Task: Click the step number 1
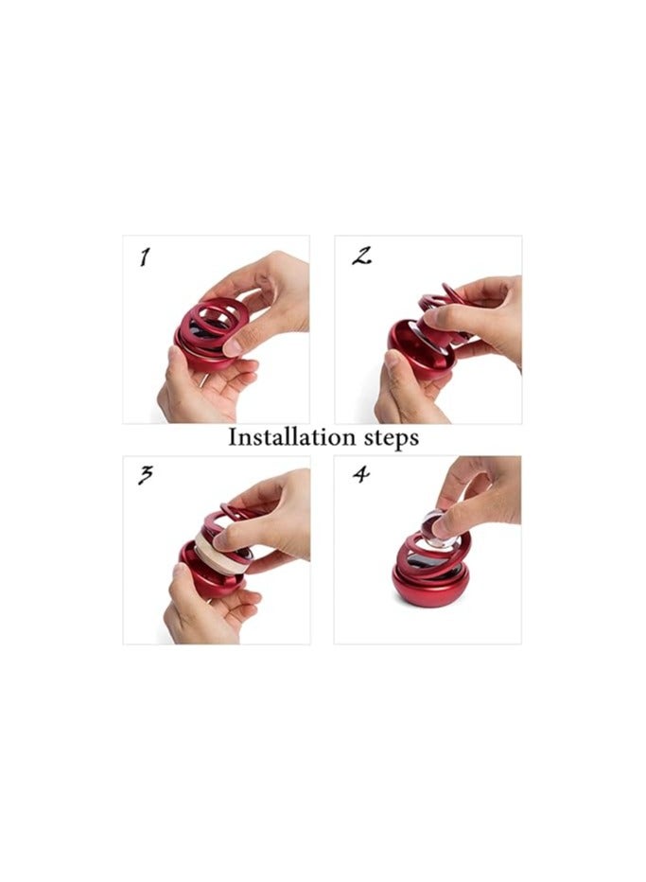pos(145,257)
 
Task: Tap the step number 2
pos(361,256)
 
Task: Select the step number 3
pos(145,475)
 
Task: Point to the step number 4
pos(361,474)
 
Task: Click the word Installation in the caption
pos(292,437)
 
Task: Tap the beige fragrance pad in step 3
pos(219,553)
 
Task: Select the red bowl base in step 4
pos(429,586)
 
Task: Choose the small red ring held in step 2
pos(454,293)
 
